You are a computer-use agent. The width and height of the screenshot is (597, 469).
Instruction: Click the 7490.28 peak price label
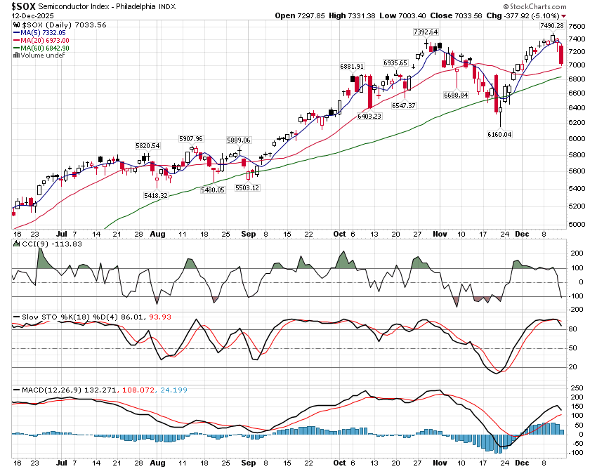(553, 26)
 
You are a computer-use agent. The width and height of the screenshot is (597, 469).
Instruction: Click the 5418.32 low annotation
(155, 195)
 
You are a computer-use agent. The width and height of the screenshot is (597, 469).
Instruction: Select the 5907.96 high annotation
(190, 138)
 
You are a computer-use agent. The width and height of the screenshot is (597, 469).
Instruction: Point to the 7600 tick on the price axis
(576, 27)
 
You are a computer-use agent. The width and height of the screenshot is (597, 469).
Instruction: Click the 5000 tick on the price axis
(576, 224)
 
